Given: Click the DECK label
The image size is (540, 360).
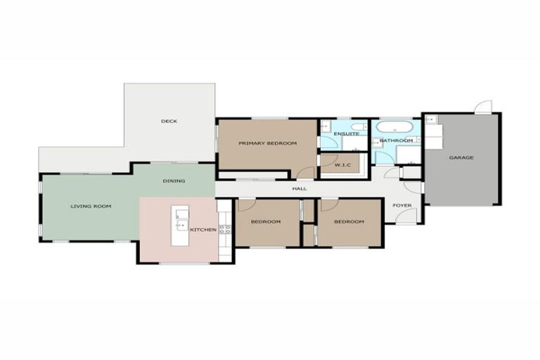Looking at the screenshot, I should pyautogui.click(x=169, y=121).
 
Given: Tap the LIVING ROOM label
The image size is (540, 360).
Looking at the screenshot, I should pyautogui.click(x=91, y=206).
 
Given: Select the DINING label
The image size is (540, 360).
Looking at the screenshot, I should pyautogui.click(x=174, y=181).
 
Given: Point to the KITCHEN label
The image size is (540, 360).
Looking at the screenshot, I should pyautogui.click(x=202, y=230).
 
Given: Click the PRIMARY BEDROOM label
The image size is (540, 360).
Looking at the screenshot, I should pyautogui.click(x=267, y=143).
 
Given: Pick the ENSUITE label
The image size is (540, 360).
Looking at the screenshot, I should pyautogui.click(x=346, y=134).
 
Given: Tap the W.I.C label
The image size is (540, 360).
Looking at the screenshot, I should pyautogui.click(x=342, y=165).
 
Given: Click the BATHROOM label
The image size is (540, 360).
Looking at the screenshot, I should pyautogui.click(x=396, y=141).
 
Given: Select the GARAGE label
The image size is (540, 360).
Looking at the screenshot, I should pyautogui.click(x=461, y=157).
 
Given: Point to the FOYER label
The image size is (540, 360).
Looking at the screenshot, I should pyautogui.click(x=401, y=205).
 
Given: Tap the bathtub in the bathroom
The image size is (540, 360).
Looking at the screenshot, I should pyautogui.click(x=394, y=127).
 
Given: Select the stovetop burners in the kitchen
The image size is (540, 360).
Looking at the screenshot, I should pyautogui.click(x=225, y=229).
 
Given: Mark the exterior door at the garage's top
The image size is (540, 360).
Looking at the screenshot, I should pyautogui.click(x=482, y=108).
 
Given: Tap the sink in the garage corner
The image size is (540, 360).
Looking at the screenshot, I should pyautogui.click(x=431, y=120).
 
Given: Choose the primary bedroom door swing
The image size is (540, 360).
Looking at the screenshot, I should pyautogui.click(x=306, y=172).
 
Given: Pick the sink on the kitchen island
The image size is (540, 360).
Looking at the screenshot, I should pyautogui.click(x=181, y=215).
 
